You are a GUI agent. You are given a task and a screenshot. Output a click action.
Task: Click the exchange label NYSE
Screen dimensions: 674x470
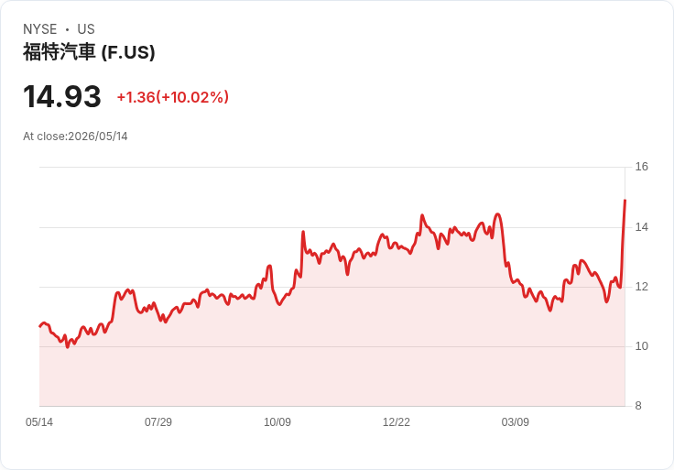click(40, 29)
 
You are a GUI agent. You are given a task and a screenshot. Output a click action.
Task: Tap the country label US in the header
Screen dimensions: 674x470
click(86, 29)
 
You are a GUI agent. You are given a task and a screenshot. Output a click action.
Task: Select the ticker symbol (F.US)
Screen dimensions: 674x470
click(128, 52)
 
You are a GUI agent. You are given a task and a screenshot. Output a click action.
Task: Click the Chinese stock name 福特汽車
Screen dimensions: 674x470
click(59, 52)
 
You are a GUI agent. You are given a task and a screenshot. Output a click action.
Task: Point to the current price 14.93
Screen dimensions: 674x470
click(62, 96)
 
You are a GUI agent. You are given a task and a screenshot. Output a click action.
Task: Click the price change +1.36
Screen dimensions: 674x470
click(136, 97)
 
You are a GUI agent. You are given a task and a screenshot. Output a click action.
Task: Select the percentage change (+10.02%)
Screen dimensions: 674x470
click(192, 97)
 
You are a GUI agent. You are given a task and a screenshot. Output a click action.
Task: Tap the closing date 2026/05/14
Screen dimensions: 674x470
click(98, 137)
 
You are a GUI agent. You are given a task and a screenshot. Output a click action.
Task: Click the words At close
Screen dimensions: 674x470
click(44, 137)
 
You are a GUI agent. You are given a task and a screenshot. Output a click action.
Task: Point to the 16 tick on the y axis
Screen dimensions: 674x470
click(641, 167)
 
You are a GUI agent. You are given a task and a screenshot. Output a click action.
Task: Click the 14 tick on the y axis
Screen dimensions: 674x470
click(641, 227)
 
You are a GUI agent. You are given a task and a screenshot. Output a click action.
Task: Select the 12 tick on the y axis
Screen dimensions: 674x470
click(641, 287)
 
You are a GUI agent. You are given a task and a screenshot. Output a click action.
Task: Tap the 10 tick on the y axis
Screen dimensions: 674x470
click(641, 346)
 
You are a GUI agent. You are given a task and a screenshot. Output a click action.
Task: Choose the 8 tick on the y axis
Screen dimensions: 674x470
click(638, 406)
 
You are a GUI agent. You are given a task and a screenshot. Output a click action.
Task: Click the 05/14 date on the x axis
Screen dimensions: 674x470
click(39, 422)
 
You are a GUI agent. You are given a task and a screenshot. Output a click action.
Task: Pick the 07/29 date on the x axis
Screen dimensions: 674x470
click(158, 422)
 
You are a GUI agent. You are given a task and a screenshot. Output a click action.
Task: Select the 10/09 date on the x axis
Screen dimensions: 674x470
click(277, 422)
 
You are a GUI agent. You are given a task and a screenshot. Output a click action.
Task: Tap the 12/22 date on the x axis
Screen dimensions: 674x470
click(397, 422)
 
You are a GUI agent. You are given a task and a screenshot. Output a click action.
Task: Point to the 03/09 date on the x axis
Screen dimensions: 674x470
click(515, 422)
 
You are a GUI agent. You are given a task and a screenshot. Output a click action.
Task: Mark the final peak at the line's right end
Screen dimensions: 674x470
click(625, 201)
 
